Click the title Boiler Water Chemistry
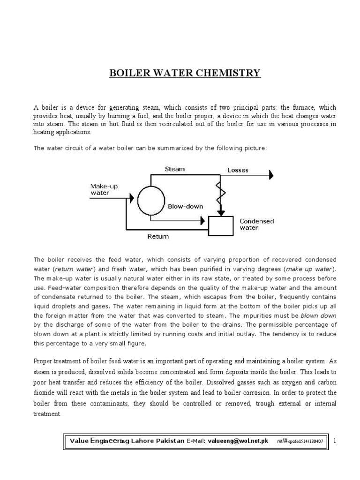185,73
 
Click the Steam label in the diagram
174,169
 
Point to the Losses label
238,170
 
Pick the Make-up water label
104,189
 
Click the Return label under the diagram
158,237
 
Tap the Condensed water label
257,225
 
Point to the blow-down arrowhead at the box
202,219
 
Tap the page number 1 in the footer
336,442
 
